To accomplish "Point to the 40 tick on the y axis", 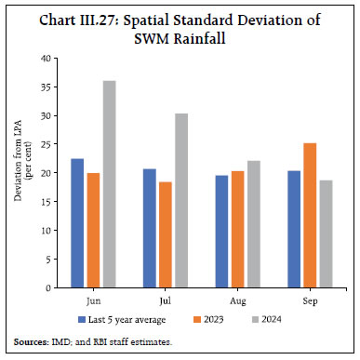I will pos(46,59).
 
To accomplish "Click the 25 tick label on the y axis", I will pos(46,144).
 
